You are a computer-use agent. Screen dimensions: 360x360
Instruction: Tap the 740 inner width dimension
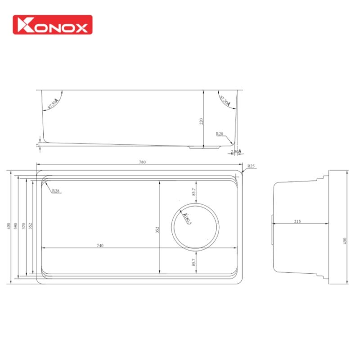(x=100, y=245)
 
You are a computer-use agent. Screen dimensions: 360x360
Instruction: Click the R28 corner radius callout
(x=56, y=191)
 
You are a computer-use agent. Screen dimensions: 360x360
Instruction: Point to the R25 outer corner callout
(x=251, y=166)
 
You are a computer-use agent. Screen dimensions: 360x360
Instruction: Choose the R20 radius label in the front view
(x=220, y=134)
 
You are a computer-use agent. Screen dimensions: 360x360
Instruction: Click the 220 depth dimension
(x=201, y=121)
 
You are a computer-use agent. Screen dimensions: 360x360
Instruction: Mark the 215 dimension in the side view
(x=297, y=221)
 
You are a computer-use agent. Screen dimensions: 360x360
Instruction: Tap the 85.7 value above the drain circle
(x=194, y=191)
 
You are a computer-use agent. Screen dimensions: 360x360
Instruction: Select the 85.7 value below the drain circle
(x=194, y=262)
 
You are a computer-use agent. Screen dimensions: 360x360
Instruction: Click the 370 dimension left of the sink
(x=24, y=226)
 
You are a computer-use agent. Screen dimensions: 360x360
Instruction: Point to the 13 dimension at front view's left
(x=37, y=145)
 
